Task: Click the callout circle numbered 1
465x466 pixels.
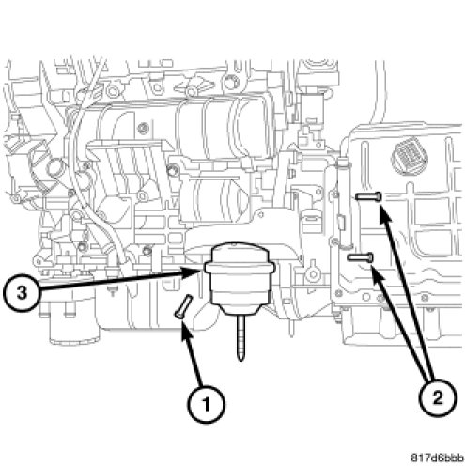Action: click(x=207, y=405)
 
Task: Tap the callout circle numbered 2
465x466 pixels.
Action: click(x=438, y=398)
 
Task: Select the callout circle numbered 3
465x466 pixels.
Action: click(x=22, y=293)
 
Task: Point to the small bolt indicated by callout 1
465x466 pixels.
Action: click(x=183, y=306)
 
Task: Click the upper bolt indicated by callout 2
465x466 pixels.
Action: click(x=368, y=196)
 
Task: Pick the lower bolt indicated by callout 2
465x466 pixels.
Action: click(x=361, y=257)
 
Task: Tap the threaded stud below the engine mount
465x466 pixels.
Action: click(x=240, y=337)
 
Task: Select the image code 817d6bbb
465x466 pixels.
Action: click(x=438, y=458)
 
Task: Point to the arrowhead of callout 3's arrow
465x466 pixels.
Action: click(x=194, y=272)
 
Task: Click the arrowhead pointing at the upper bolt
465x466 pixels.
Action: click(x=385, y=213)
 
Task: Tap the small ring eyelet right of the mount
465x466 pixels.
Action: click(x=313, y=274)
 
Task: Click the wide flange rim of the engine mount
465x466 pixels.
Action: click(x=240, y=267)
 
